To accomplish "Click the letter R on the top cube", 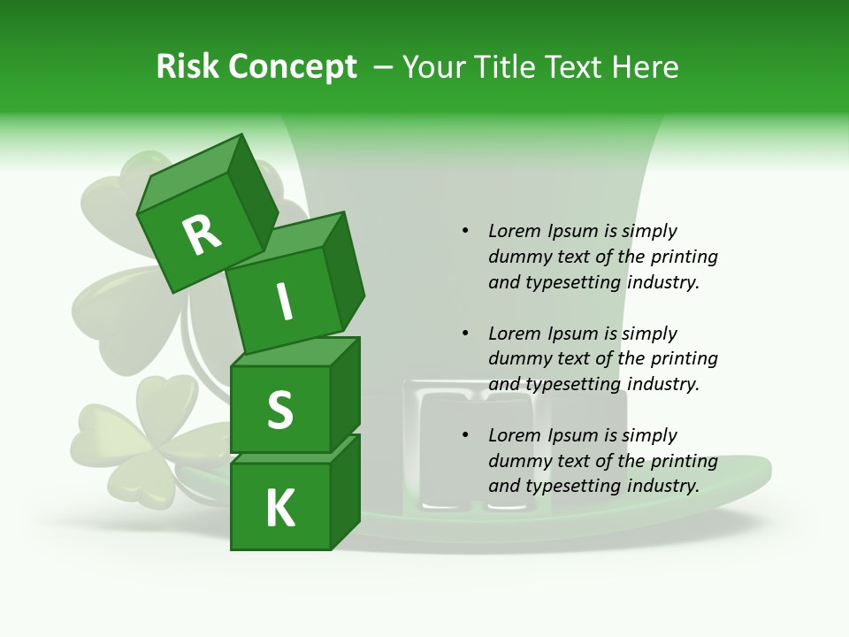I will pos(203,235).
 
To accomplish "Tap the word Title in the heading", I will pos(508,67).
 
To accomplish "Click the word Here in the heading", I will pos(645,67).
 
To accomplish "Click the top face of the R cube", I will pos(190,173).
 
